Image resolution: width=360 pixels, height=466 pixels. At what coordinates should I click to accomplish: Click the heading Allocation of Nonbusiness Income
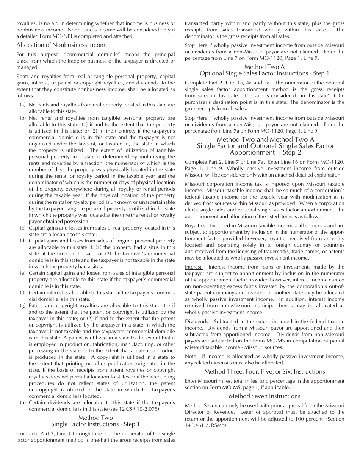coord(57,45)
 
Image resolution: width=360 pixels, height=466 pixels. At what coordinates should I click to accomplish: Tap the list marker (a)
coord(23,105)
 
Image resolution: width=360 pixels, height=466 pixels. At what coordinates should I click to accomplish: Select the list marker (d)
coord(23,241)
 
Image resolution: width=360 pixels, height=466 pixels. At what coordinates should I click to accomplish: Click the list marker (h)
coord(23,402)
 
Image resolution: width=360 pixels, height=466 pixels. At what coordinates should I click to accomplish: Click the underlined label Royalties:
coord(196,225)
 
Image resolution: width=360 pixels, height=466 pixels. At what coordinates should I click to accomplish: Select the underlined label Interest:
coord(194,267)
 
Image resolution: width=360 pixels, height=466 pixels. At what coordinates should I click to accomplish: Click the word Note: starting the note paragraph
coord(191,356)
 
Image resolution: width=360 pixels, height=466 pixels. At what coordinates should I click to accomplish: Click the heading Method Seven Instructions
coord(265,396)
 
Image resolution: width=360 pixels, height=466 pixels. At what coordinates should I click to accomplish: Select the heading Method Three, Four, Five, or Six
coord(265,371)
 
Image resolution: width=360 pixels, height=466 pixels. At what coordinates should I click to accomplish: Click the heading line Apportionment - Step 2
coord(265,152)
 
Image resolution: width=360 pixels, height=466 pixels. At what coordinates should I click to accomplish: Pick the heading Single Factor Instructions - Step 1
coord(95,424)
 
